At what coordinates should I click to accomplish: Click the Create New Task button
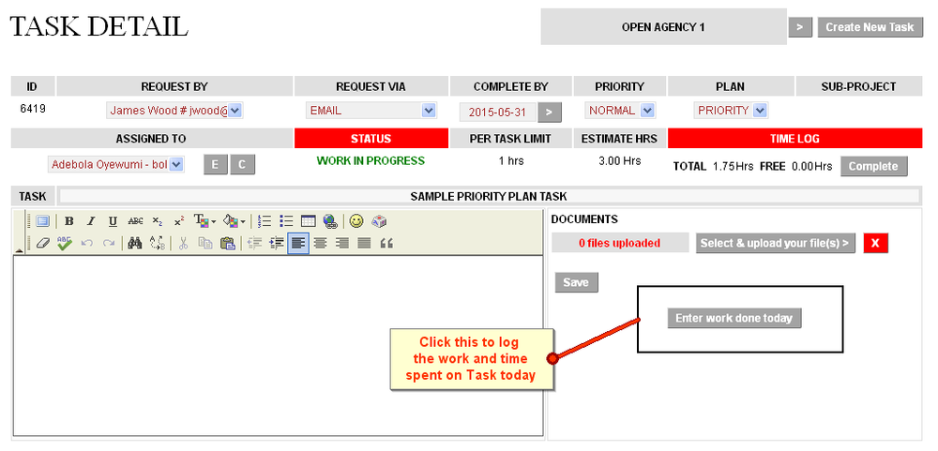(870, 27)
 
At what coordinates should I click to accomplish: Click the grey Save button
(576, 282)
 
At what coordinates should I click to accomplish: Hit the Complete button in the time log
(874, 167)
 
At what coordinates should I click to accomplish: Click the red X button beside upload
(875, 244)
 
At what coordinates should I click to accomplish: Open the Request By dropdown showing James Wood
(174, 111)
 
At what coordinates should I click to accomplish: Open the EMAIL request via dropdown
(371, 111)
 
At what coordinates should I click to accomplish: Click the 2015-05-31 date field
(497, 112)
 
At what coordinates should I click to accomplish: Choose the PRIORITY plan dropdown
(731, 111)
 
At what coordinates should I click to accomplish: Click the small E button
(215, 165)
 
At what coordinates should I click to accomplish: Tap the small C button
(242, 165)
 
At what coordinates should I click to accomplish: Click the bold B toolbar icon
(68, 222)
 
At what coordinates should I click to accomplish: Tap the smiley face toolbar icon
(356, 222)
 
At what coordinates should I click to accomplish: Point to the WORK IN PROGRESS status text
(371, 161)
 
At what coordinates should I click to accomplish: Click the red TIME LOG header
(794, 139)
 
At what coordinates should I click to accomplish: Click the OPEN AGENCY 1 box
(663, 27)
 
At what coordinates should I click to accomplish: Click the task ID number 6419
(33, 109)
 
